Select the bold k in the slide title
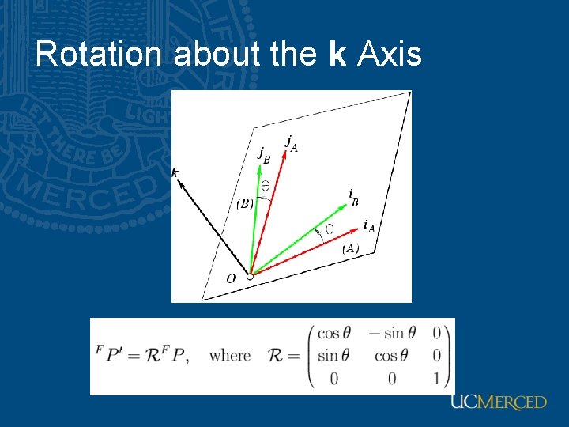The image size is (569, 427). point(337,55)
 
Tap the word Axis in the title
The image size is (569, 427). point(390,55)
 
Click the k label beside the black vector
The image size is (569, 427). point(175,172)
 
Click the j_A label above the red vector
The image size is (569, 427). point(292,144)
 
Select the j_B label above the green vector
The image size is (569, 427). point(264,155)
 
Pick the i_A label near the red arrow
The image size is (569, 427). point(368,226)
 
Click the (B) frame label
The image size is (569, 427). point(245,204)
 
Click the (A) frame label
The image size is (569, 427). point(350,248)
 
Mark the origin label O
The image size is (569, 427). point(231,278)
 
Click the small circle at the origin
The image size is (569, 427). point(250,276)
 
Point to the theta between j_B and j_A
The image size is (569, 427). point(266,185)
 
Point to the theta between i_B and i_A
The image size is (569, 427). point(329,229)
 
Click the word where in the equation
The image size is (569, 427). point(230,356)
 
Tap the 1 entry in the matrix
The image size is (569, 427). point(437,379)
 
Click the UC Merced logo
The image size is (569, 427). point(498,402)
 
